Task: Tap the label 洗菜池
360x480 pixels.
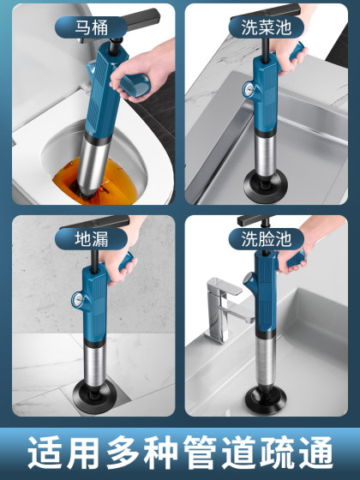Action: (x=267, y=26)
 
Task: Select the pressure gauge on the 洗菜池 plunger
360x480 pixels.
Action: (x=246, y=89)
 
